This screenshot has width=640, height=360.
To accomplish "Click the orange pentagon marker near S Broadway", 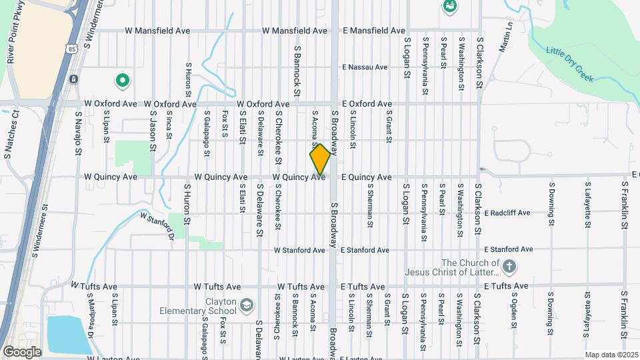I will click(320, 159).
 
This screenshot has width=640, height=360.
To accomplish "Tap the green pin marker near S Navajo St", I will click(123, 81).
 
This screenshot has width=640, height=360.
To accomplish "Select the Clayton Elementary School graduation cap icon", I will click(247, 305).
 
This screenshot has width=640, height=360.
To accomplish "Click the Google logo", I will click(22, 351).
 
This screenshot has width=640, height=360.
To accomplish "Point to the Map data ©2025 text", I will click(611, 355).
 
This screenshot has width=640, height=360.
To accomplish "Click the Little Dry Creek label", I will click(570, 64).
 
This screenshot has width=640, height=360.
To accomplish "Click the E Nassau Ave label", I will click(364, 67).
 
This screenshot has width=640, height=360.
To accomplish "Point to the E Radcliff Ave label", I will click(507, 213).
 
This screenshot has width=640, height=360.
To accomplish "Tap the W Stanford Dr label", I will click(157, 225).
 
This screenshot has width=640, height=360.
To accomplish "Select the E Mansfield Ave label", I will click(373, 31).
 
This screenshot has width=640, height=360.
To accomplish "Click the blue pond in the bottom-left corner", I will click(69, 334).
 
